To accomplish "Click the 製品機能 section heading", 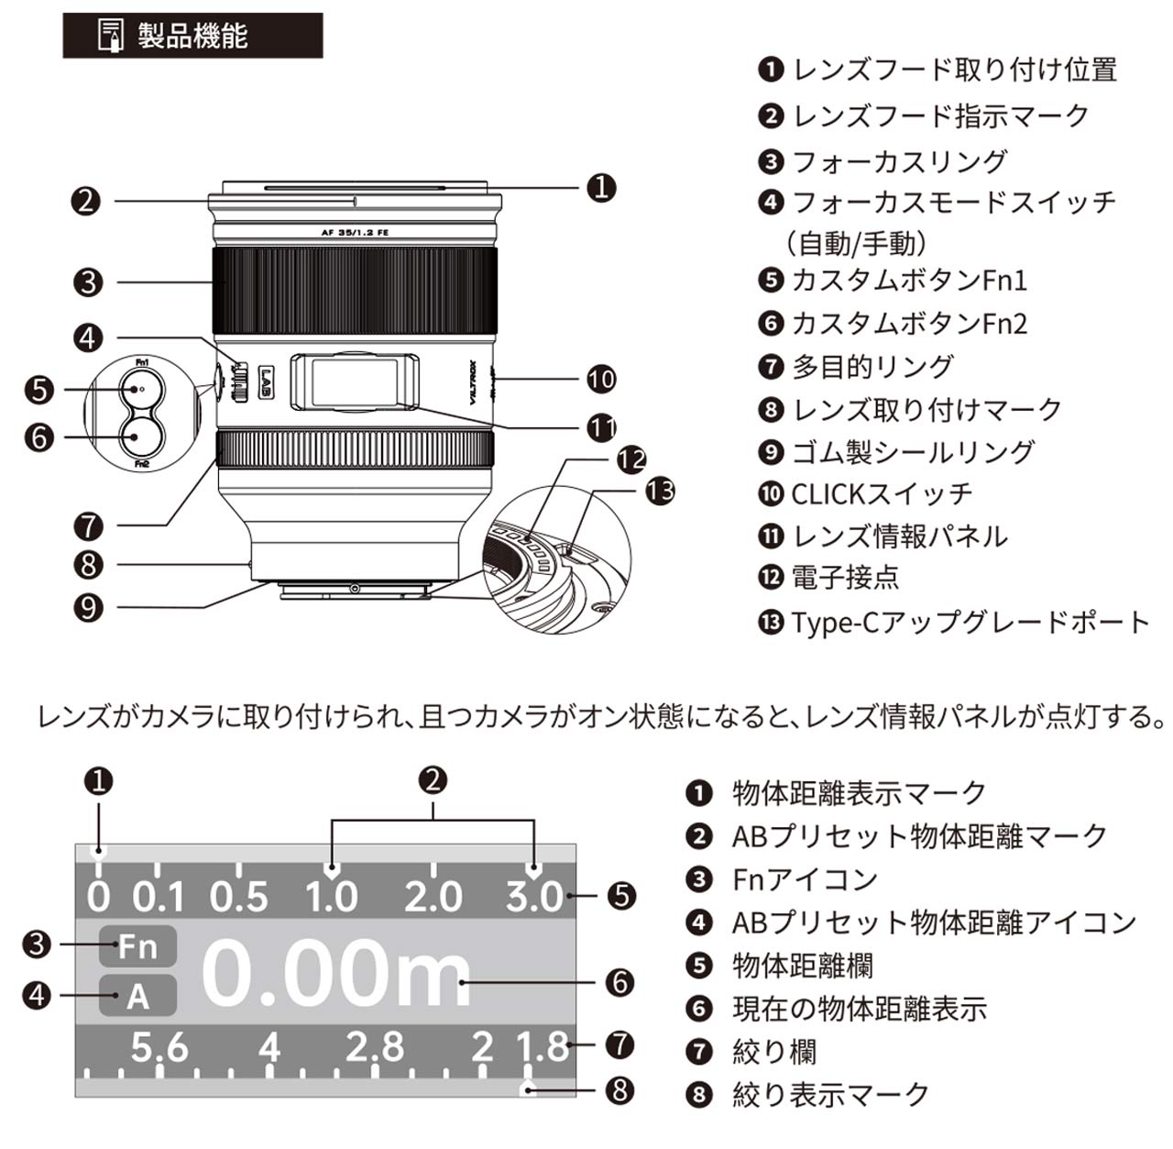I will pyautogui.click(x=192, y=36).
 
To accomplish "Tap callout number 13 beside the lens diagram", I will pyautogui.click(x=660, y=491).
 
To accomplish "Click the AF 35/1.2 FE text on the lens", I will pyautogui.click(x=355, y=233).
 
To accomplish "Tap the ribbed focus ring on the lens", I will pyautogui.click(x=355, y=290).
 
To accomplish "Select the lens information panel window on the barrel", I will pyautogui.click(x=355, y=381).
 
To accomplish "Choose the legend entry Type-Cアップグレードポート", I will pyautogui.click(x=954, y=622).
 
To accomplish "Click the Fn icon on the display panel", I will pyautogui.click(x=137, y=945).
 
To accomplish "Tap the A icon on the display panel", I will pyautogui.click(x=137, y=996).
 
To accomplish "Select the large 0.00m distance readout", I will pyautogui.click(x=335, y=974).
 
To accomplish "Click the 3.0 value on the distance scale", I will pyautogui.click(x=534, y=896).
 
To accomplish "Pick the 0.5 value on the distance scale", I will pyautogui.click(x=238, y=896).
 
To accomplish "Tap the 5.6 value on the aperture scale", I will pyautogui.click(x=159, y=1046).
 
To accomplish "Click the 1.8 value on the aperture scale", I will pyautogui.click(x=543, y=1046).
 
